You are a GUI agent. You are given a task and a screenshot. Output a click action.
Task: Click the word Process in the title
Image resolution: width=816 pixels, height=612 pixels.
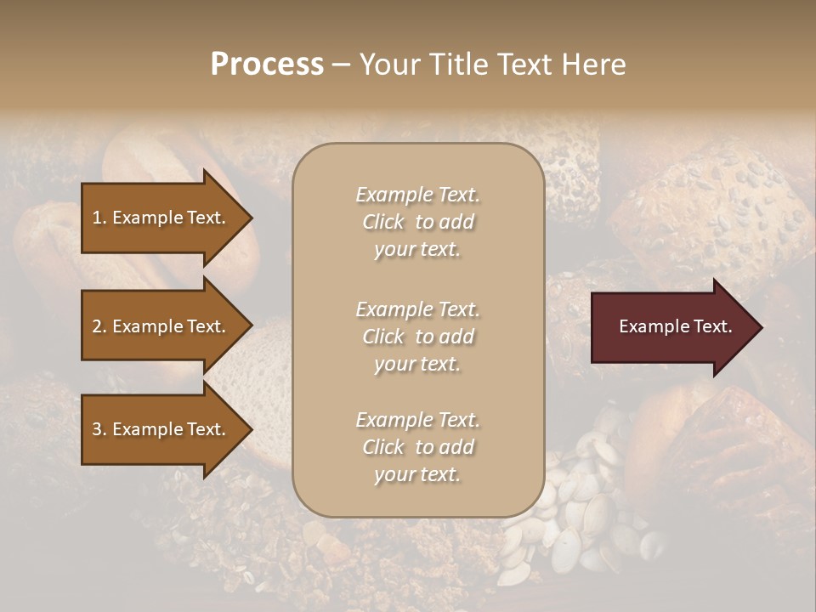(x=267, y=65)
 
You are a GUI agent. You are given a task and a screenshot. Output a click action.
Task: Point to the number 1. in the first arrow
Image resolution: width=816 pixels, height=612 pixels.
(x=99, y=218)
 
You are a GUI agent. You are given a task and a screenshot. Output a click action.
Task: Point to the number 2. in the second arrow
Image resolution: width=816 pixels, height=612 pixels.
(x=99, y=326)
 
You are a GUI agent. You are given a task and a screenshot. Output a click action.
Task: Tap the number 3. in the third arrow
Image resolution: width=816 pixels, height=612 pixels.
(x=99, y=429)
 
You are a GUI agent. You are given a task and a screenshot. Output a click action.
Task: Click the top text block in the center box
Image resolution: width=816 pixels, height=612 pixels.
(x=417, y=222)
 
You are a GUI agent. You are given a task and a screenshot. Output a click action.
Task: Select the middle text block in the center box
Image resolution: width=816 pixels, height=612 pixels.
(x=417, y=337)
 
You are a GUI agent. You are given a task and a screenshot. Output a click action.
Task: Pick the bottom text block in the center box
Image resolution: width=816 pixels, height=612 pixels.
(x=417, y=447)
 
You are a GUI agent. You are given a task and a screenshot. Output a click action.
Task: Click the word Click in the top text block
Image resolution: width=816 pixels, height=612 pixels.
(x=383, y=222)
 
